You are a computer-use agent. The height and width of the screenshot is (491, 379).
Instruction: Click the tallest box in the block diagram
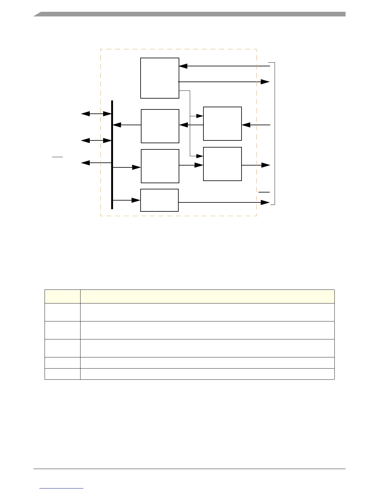(x=159, y=78)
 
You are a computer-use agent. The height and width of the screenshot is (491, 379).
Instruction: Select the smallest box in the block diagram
(x=159, y=200)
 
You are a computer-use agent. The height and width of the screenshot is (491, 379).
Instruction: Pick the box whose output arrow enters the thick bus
(x=160, y=126)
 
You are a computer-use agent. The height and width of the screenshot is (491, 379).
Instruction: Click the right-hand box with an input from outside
(x=222, y=124)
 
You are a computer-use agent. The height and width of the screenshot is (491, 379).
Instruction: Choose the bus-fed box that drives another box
(x=160, y=166)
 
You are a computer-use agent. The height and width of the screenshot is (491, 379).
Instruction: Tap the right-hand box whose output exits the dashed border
(x=222, y=164)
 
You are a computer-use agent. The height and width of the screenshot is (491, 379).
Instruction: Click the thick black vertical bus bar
(x=112, y=155)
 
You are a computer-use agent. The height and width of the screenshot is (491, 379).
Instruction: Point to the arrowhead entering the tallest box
(x=183, y=66)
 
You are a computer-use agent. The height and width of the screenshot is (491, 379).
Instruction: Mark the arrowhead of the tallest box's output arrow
(x=265, y=82)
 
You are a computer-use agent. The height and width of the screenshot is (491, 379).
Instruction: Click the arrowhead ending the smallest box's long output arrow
(x=265, y=202)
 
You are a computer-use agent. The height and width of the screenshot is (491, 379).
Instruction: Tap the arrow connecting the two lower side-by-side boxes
(x=191, y=165)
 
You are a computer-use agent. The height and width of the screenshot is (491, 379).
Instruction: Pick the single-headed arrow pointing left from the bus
(x=96, y=163)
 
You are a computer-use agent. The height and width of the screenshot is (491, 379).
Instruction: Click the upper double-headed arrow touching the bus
(x=96, y=114)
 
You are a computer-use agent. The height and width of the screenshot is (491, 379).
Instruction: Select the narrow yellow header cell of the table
(x=62, y=296)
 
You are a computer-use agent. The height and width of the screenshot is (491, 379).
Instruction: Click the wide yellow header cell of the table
(x=207, y=296)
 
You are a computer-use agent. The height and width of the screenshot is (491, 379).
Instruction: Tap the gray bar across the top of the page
(x=189, y=14)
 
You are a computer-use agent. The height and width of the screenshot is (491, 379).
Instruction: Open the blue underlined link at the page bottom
(x=61, y=488)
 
